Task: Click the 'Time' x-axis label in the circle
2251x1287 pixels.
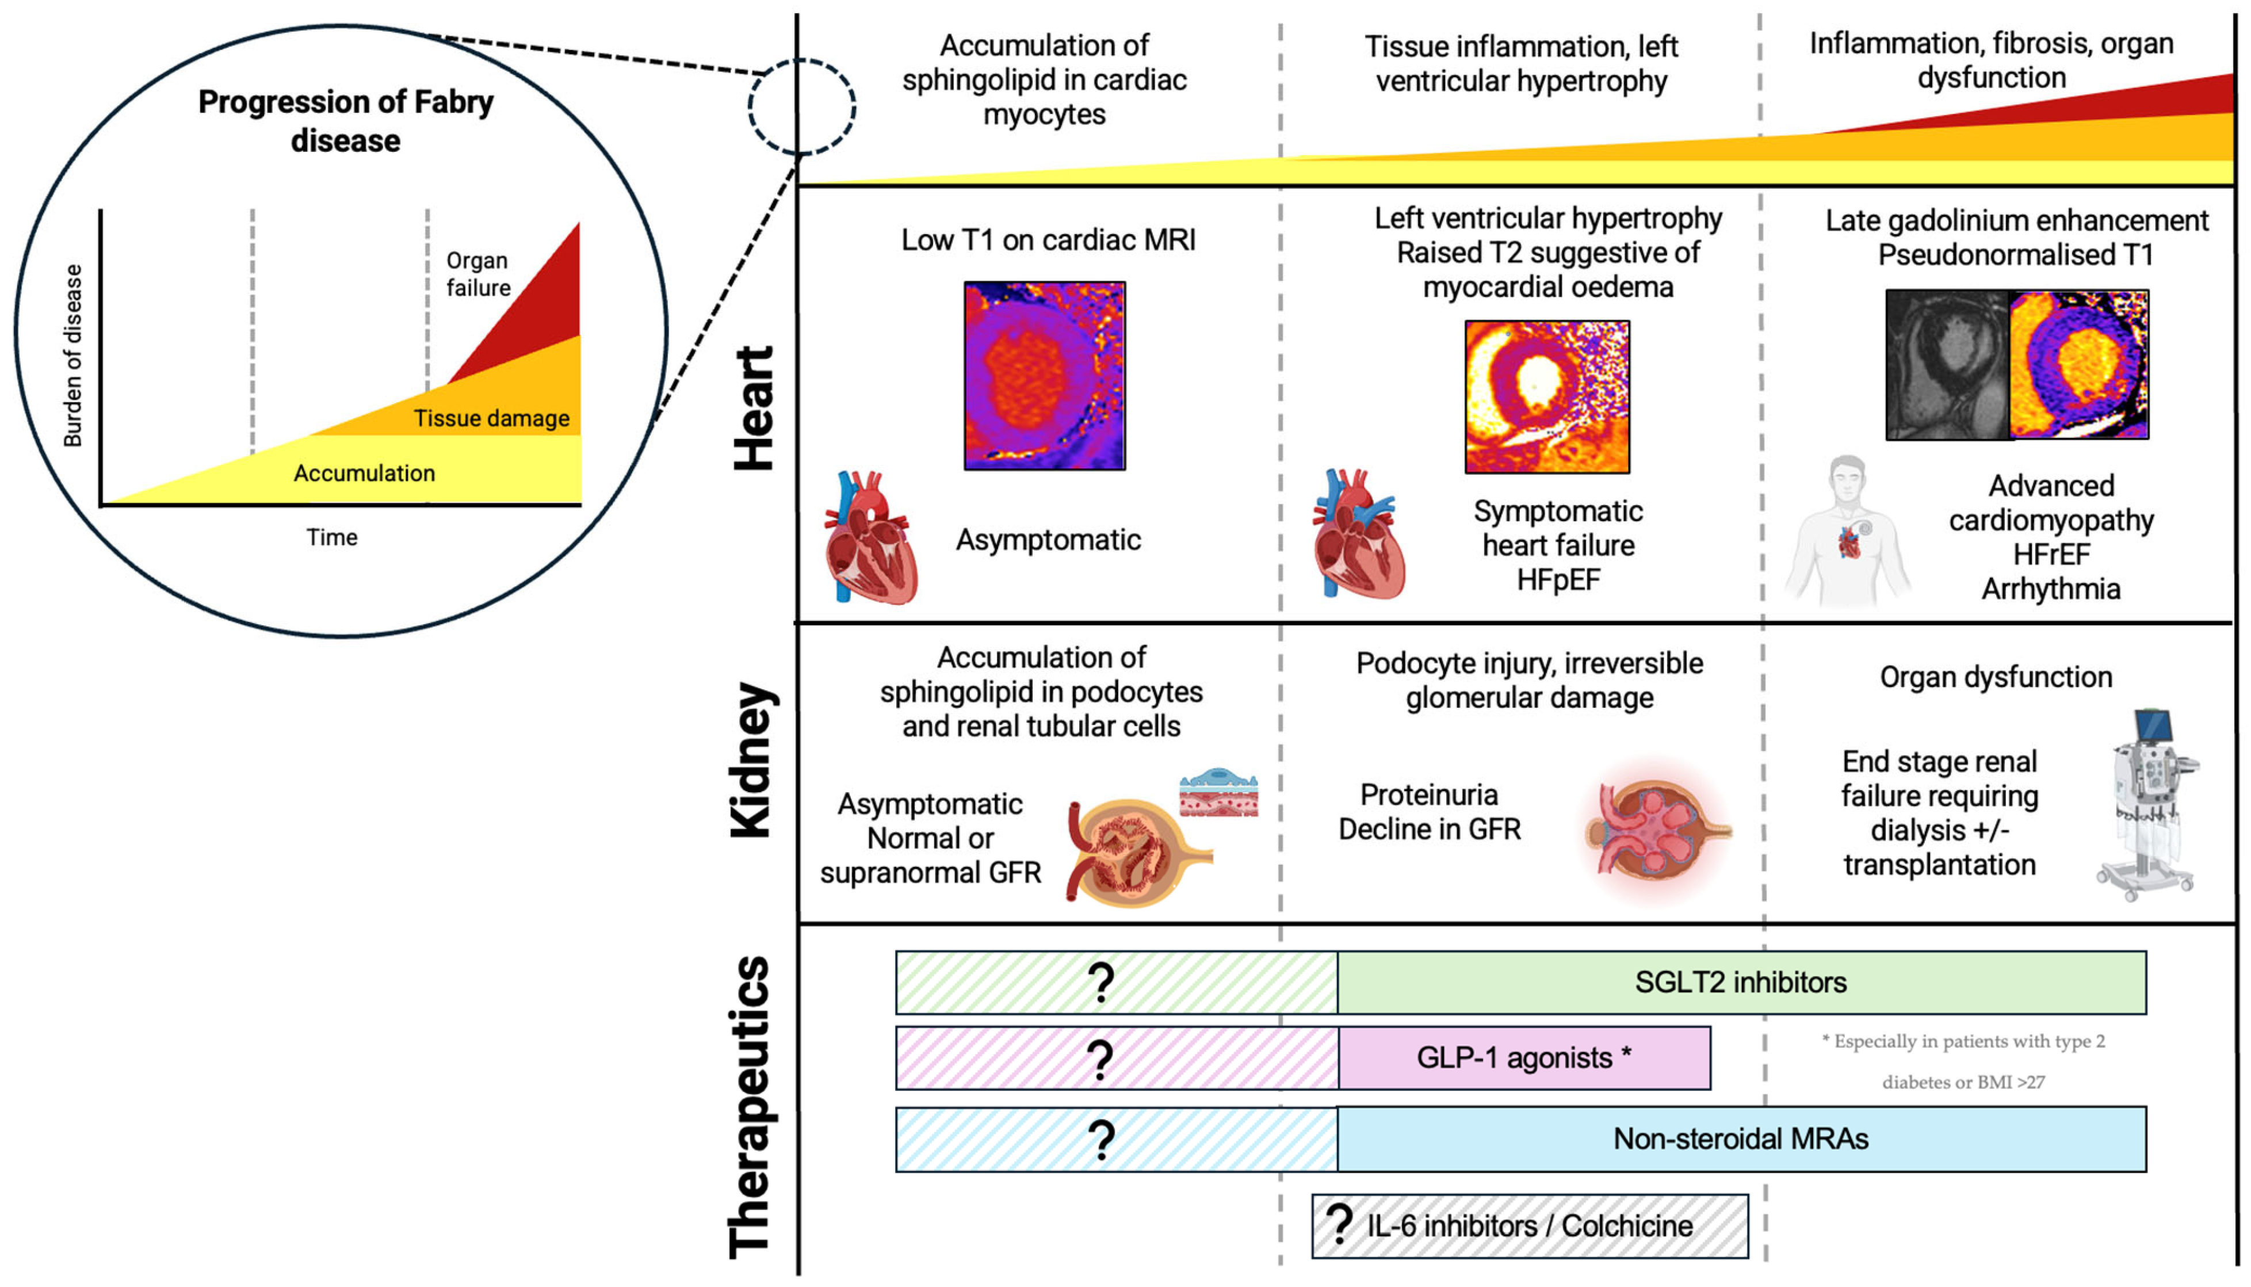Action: tap(331, 537)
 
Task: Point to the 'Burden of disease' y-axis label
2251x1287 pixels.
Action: tap(72, 356)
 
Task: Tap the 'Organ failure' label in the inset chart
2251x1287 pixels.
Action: tap(477, 274)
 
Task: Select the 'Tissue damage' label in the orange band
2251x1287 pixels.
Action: tap(491, 418)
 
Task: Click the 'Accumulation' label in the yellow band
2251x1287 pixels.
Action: tap(364, 473)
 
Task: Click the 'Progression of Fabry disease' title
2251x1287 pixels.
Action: tap(346, 121)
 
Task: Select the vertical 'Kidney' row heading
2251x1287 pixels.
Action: tap(753, 759)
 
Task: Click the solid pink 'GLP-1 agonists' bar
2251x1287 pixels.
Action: tap(1524, 1058)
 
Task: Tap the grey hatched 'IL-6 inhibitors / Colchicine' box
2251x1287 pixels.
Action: tap(1529, 1226)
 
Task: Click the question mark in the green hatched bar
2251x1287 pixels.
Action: tap(1101, 982)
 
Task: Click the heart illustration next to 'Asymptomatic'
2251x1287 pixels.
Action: tap(870, 539)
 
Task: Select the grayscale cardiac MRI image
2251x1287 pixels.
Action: tap(1948, 364)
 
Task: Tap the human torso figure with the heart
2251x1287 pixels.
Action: tap(1848, 530)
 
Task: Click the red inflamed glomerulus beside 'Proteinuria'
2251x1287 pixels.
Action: tap(1656, 831)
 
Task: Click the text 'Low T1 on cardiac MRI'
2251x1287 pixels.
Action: tap(1048, 239)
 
